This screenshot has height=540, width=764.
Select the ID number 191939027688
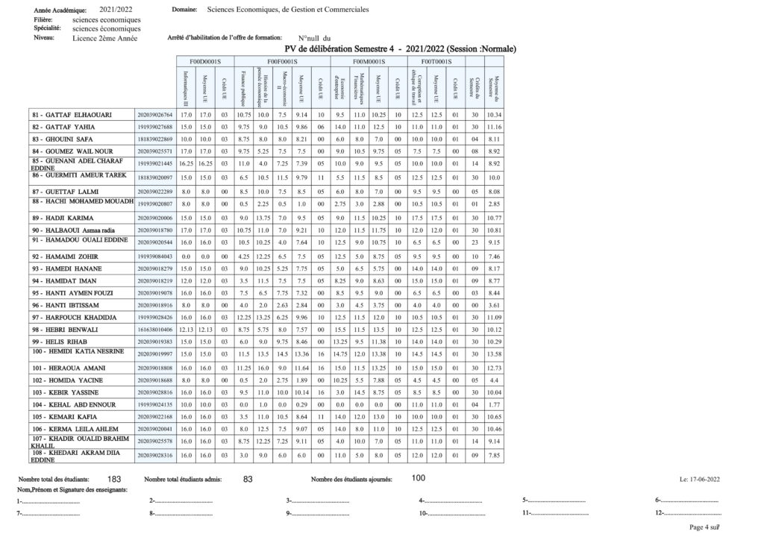click(155, 128)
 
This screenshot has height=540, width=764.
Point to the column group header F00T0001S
click(436, 60)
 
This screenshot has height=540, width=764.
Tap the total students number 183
click(115, 479)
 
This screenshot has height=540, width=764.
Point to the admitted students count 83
click(248, 479)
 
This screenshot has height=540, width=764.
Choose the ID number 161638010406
click(155, 329)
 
